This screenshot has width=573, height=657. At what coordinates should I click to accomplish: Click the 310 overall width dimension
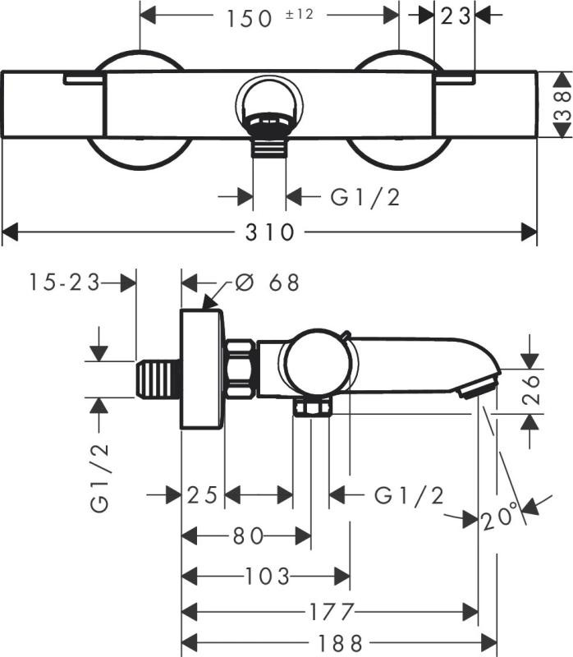(x=269, y=232)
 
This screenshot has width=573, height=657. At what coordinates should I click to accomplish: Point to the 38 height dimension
(x=562, y=107)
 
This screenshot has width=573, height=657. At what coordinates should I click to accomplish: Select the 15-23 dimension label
(x=63, y=283)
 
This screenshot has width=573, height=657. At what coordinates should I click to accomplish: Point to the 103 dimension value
(x=268, y=576)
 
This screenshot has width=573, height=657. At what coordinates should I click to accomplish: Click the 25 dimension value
(x=202, y=495)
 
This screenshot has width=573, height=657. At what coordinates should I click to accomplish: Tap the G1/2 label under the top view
(x=365, y=197)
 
